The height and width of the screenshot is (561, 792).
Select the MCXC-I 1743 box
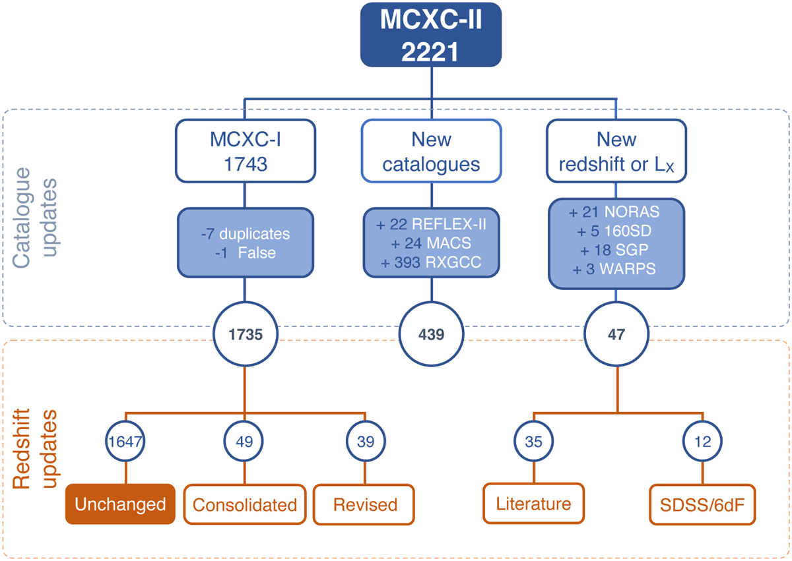245,150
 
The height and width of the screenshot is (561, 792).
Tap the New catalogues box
432,150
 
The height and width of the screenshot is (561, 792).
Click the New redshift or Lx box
616,150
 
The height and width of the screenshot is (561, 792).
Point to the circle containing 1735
245,334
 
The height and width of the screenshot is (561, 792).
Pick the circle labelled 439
432,334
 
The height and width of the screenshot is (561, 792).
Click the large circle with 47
616,334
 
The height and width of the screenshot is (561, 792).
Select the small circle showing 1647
125,441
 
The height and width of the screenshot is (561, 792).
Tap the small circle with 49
245,441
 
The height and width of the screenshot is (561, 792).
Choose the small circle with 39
364,441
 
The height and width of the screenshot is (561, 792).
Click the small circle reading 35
533,441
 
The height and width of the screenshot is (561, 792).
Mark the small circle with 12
703,441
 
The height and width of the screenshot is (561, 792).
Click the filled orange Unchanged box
120,504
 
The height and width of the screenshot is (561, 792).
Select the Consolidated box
245,505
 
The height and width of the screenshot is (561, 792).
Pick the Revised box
364,505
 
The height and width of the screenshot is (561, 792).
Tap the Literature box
533,504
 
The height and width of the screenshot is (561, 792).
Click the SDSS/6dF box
703,505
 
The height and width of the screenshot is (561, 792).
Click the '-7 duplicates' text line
245,234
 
